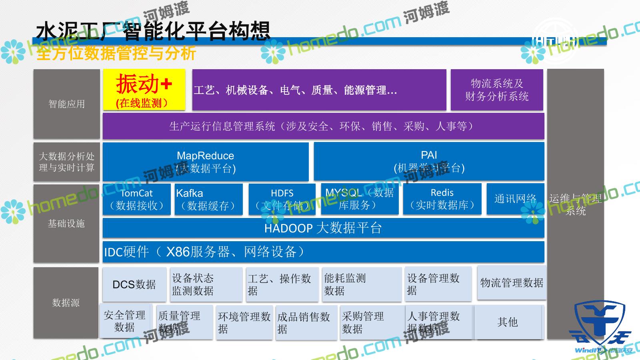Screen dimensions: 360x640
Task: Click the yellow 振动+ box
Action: (x=144, y=90)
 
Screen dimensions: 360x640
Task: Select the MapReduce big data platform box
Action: (x=206, y=162)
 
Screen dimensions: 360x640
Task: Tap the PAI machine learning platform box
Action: (x=429, y=162)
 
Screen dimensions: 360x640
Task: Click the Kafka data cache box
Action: (x=208, y=199)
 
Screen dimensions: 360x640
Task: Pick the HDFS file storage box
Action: (x=282, y=199)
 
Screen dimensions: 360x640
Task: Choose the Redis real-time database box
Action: (x=442, y=199)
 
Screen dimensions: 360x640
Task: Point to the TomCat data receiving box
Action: (x=136, y=199)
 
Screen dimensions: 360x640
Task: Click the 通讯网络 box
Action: (x=515, y=199)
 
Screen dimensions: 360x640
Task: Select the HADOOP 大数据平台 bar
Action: (x=323, y=228)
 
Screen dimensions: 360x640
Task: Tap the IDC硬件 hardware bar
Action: (x=323, y=252)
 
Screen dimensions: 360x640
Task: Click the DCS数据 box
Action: (x=134, y=284)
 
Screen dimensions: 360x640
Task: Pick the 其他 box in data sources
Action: (x=508, y=322)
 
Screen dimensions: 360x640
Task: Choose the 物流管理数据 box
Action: (x=512, y=283)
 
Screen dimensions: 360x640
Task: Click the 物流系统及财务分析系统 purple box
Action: (x=497, y=90)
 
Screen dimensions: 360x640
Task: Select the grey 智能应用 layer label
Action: (x=66, y=104)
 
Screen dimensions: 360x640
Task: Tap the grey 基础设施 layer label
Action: (x=66, y=223)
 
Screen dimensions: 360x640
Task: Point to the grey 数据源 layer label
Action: (x=66, y=303)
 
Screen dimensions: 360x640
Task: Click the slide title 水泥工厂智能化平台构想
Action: (x=153, y=31)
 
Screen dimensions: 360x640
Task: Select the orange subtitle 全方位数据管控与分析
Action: (x=116, y=53)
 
